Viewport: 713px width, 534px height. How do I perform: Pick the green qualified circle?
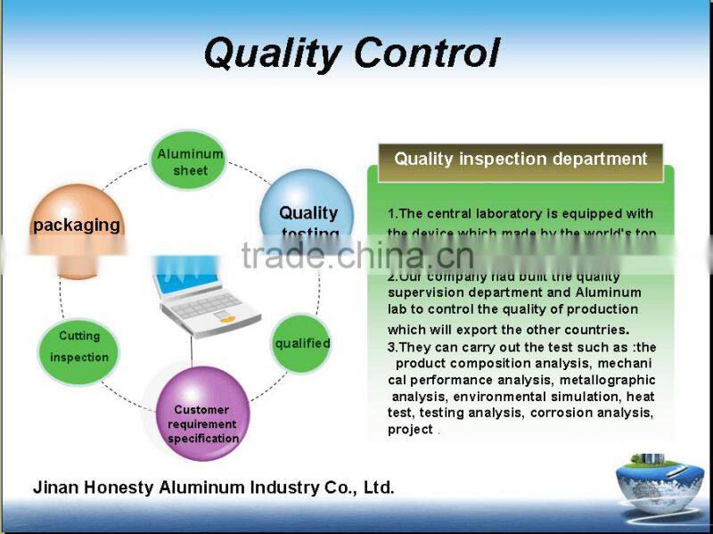click(302, 343)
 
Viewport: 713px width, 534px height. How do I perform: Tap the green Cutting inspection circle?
click(79, 349)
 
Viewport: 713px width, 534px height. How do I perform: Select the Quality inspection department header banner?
click(520, 160)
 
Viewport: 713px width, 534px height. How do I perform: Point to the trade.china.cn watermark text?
click(356, 256)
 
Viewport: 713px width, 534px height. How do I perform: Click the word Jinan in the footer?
click(54, 488)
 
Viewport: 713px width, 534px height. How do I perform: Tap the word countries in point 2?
click(594, 330)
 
